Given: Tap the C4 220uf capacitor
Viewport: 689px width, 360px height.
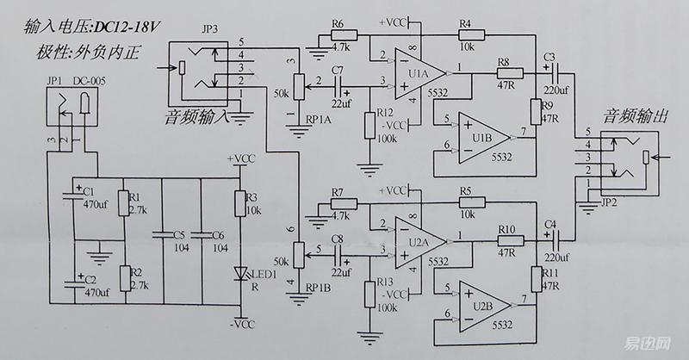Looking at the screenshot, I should pos(555,239).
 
